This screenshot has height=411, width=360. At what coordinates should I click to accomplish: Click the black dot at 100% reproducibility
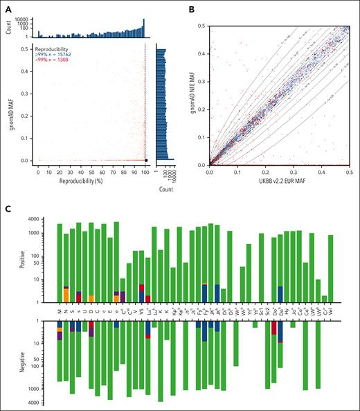(x=146, y=160)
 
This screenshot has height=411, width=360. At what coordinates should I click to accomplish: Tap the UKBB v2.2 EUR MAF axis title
(x=278, y=180)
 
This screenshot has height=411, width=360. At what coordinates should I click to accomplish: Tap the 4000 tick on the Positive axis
(x=44, y=220)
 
